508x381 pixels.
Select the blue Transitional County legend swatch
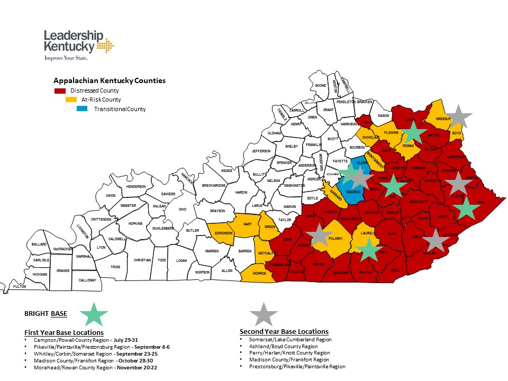[x=82, y=109]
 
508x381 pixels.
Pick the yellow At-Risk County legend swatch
[x=71, y=99]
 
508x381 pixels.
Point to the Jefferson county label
[x=261, y=151]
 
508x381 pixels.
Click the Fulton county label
[x=20, y=286]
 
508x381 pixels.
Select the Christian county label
[x=142, y=260]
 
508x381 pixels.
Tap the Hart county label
[x=247, y=224]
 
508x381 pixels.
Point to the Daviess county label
[x=168, y=194]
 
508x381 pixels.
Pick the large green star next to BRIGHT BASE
[x=94, y=314]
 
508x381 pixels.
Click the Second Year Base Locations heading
[x=284, y=331]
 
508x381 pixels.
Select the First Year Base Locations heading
[x=64, y=332]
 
